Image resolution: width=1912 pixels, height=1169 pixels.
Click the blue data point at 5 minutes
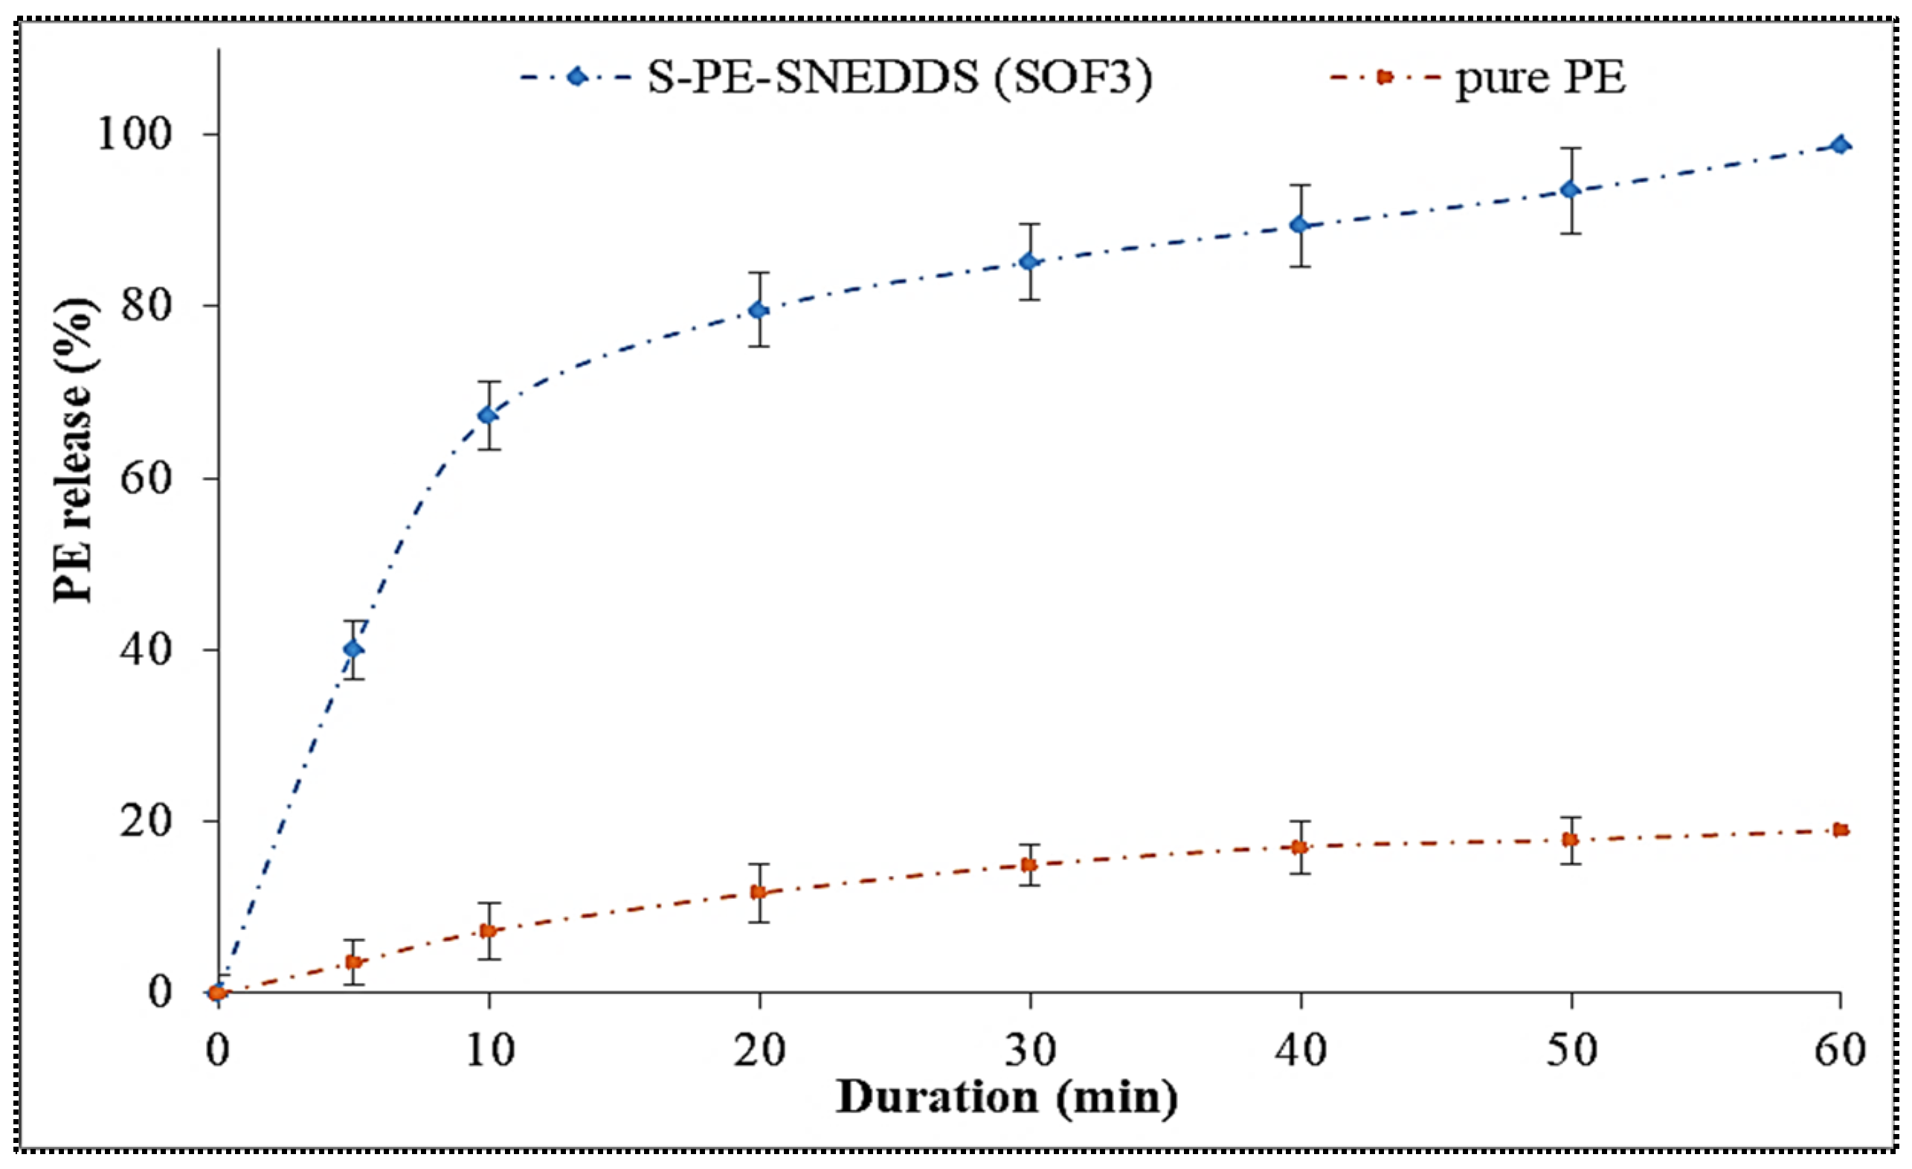(353, 649)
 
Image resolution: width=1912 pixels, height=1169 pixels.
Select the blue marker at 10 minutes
(488, 415)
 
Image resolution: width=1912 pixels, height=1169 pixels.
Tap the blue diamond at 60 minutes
(1840, 145)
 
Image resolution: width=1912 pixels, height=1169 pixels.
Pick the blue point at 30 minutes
(1029, 262)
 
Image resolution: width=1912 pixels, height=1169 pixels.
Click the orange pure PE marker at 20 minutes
(759, 892)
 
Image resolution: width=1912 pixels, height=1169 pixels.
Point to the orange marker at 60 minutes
(1840, 830)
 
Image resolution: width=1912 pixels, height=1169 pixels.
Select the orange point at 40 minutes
(1300, 847)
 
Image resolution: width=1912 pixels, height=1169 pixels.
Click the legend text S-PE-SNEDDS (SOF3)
(900, 77)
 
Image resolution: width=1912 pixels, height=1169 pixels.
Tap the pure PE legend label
(1540, 77)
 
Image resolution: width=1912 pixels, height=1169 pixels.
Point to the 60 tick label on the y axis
(146, 478)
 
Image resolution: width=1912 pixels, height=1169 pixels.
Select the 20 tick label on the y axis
(146, 821)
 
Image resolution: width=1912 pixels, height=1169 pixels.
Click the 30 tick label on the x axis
(1030, 1050)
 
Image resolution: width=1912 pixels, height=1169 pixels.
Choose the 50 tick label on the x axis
(1571, 1050)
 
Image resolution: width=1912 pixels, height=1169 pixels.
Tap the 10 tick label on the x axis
(489, 1050)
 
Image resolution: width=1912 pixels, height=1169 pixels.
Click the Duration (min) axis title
(1006, 1098)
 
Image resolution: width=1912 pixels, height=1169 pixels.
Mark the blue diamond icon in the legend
(576, 77)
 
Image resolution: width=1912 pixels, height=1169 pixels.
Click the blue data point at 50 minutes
(1571, 190)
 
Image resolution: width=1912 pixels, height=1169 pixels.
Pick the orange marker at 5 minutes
(353, 963)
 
